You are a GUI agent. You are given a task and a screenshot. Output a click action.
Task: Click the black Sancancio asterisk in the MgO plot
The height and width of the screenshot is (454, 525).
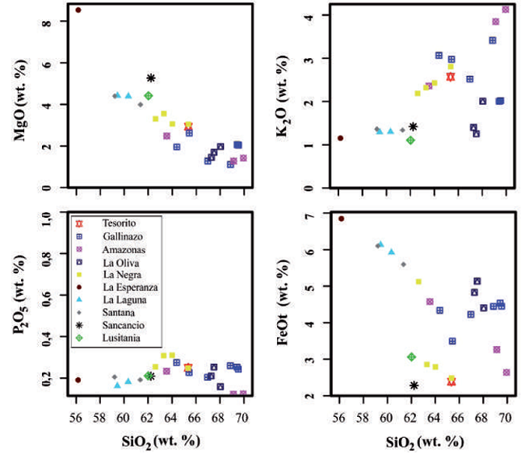[x=151, y=78]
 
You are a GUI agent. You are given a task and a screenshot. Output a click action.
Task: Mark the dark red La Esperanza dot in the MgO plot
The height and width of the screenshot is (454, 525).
[x=78, y=10]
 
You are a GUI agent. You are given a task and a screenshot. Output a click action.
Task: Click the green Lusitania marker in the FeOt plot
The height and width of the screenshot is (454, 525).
[x=411, y=356]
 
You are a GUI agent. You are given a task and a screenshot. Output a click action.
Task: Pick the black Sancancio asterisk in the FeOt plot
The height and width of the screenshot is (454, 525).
[x=414, y=385]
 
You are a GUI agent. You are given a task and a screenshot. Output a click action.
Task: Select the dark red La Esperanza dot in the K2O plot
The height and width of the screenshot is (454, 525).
[x=340, y=138]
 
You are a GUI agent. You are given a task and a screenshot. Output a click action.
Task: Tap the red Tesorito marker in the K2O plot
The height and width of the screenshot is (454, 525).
[x=451, y=77]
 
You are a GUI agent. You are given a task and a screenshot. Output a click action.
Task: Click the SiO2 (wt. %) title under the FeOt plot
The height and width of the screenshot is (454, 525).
[x=422, y=441]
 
